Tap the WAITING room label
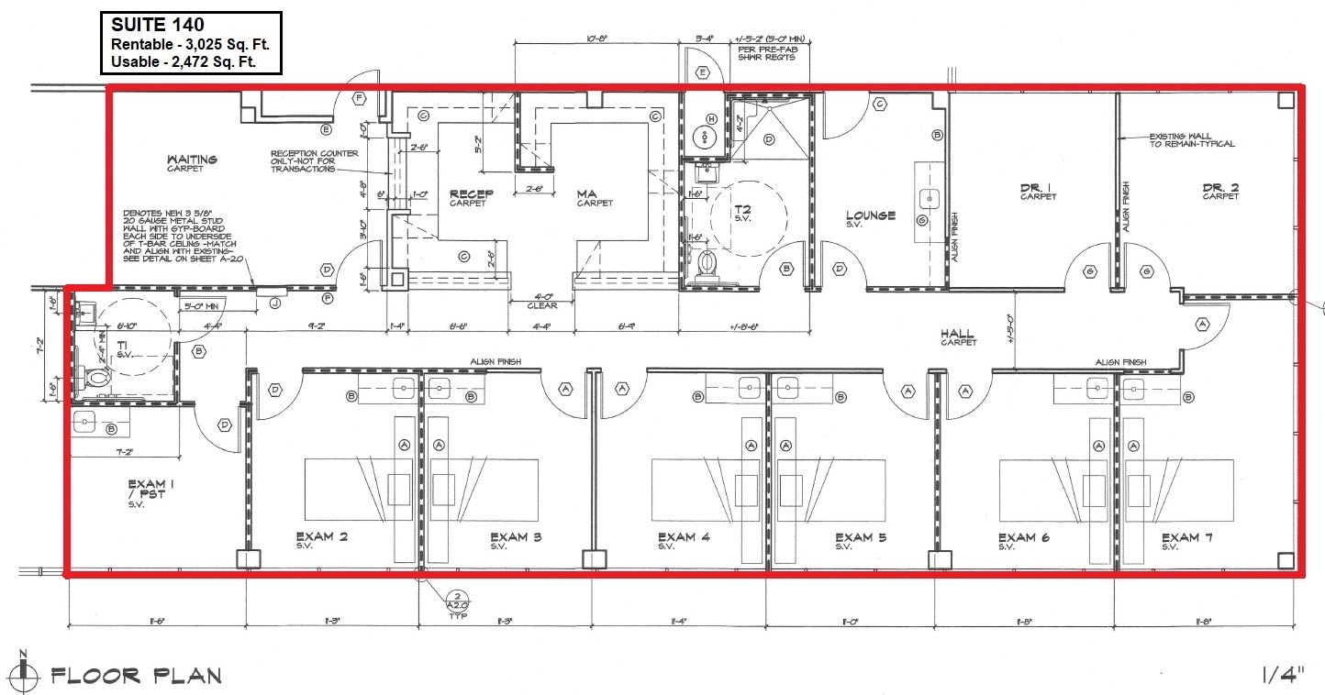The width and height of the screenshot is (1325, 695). coord(192,160)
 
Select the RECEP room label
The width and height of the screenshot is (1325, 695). coord(472,193)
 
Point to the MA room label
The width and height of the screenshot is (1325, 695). coord(587,193)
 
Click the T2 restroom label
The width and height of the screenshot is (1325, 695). coord(742,210)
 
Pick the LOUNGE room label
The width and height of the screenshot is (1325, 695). coord(870,215)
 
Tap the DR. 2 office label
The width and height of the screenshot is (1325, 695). coord(1220,188)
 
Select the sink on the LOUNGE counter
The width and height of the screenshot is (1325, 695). coord(930,197)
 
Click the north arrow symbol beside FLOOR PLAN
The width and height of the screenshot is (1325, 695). coord(25,676)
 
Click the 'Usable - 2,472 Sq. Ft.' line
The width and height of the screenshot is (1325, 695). coord(183,61)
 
